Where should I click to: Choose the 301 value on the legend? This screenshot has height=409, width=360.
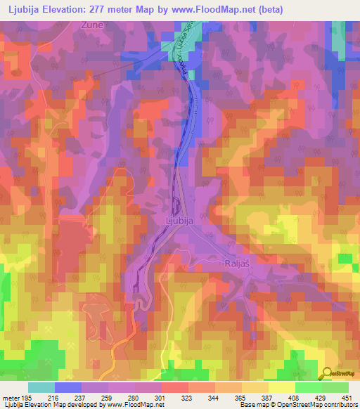(160, 398)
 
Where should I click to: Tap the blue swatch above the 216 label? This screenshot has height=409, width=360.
(67, 387)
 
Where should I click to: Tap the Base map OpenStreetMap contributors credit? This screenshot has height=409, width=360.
(303, 405)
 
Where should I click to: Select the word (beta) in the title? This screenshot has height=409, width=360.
(313, 9)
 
